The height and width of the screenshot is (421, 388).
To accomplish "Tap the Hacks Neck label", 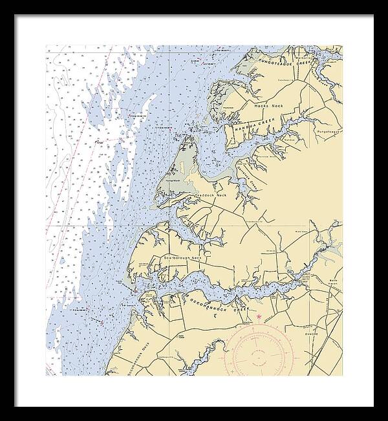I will click(269, 105).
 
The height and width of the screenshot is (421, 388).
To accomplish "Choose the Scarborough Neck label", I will click(184, 258).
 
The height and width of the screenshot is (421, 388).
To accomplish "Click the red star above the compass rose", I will click(259, 316).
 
